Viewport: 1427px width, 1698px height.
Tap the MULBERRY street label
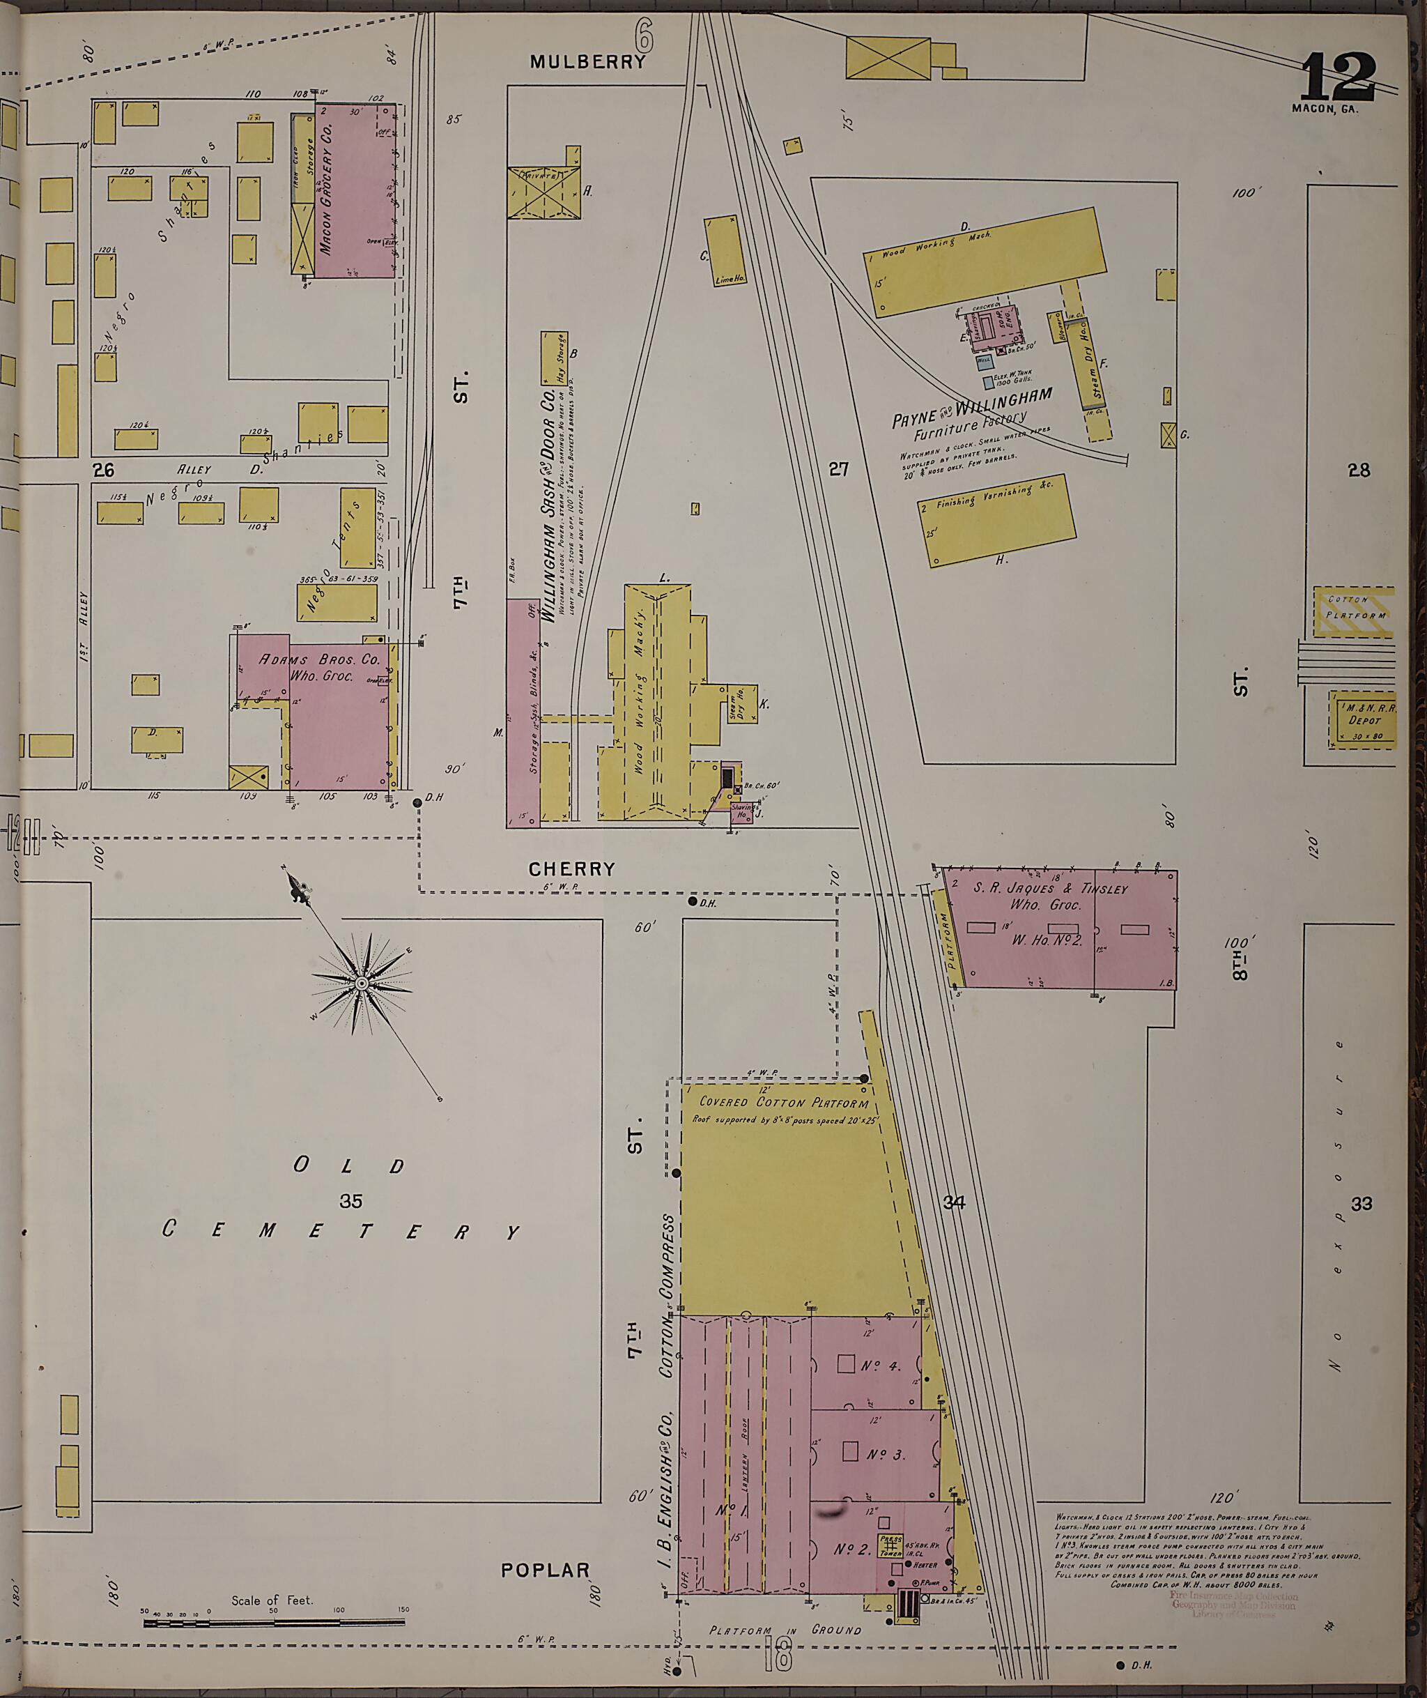pyautogui.click(x=587, y=61)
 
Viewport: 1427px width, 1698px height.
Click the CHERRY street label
pyautogui.click(x=572, y=869)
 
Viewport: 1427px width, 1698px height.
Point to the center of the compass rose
pyautogui.click(x=362, y=984)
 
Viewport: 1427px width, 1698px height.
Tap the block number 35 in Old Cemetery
pyautogui.click(x=350, y=1202)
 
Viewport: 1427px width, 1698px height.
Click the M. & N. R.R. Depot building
pyautogui.click(x=1362, y=719)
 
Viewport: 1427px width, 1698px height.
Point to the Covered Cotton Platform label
pyautogui.click(x=783, y=1102)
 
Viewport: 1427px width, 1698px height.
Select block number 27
pyautogui.click(x=839, y=468)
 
